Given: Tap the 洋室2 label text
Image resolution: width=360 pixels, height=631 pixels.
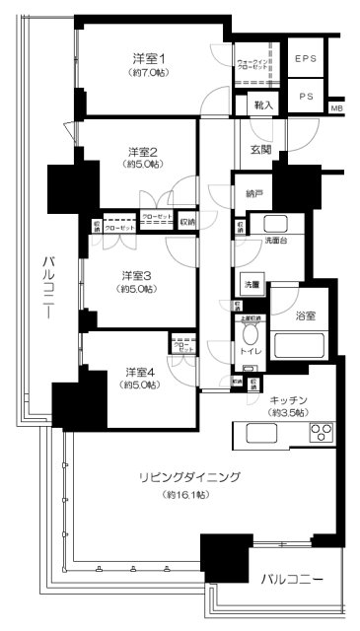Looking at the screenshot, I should [x=144, y=152].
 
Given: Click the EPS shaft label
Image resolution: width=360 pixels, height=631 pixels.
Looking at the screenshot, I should [x=306, y=59].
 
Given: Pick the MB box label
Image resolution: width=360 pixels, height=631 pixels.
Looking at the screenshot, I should [x=337, y=107].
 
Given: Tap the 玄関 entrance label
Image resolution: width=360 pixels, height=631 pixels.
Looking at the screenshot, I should [x=260, y=149].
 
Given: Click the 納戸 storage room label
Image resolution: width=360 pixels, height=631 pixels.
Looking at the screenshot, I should [x=252, y=194].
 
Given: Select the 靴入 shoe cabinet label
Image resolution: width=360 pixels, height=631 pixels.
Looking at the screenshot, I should [x=263, y=103].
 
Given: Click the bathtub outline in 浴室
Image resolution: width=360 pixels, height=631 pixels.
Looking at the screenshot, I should [x=302, y=345].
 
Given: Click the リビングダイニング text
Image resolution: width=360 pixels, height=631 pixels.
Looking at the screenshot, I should [x=188, y=477].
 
